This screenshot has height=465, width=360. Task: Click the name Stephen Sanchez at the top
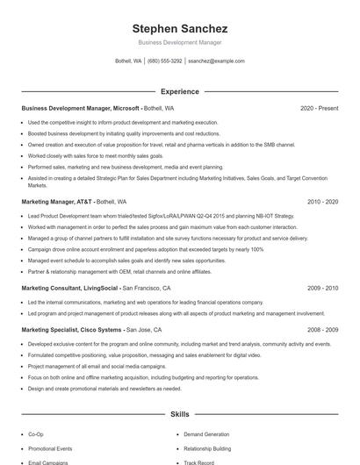[179, 28]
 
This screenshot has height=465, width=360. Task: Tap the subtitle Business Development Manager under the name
[179, 42]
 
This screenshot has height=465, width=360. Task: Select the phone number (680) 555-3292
[165, 61]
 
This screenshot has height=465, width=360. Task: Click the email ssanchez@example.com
[217, 61]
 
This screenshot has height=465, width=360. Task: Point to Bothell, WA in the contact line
[128, 61]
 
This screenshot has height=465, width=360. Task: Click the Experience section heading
[179, 91]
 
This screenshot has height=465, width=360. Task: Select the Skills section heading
[179, 413]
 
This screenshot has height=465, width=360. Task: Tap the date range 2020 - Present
[319, 109]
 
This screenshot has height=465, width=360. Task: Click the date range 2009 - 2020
[322, 288]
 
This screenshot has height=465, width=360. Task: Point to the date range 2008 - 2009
[322, 330]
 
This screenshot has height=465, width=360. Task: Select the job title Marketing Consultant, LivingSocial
[70, 288]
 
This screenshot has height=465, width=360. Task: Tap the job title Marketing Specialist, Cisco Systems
[72, 330]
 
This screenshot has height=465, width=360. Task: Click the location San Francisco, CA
[147, 288]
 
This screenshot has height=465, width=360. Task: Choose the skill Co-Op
[36, 434]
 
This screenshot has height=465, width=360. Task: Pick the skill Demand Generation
[206, 434]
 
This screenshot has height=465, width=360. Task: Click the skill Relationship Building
[207, 448]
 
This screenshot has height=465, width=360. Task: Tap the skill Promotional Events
[50, 448]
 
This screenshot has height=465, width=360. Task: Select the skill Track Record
[198, 461]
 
